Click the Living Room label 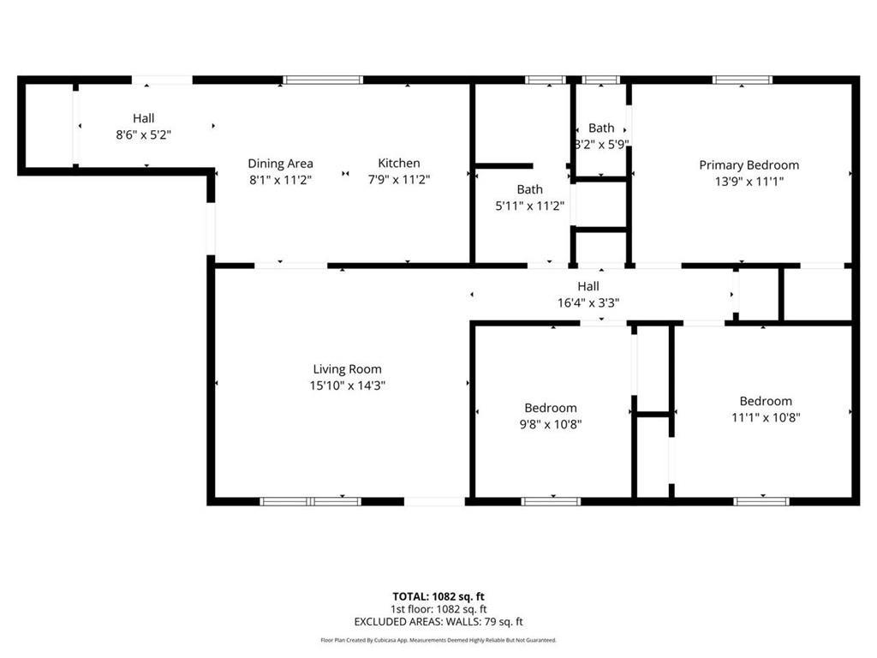coord(347,369)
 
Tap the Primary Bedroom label coord(749,165)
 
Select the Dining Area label coord(280,164)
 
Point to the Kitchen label coord(399,164)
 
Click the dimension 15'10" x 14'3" coord(347,386)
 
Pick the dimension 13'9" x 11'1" coord(749,181)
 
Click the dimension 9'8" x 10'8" coord(551,423)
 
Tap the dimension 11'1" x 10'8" coord(766,417)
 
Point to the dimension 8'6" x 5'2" coord(144,134)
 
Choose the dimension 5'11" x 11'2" coord(529,205)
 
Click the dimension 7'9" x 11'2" coord(399,179)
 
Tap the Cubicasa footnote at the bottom coord(438,640)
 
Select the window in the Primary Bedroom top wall coord(743,81)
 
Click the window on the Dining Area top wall coord(323,81)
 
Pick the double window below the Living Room coord(311,501)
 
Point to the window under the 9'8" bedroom coord(551,501)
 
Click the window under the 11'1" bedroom coord(761,501)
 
